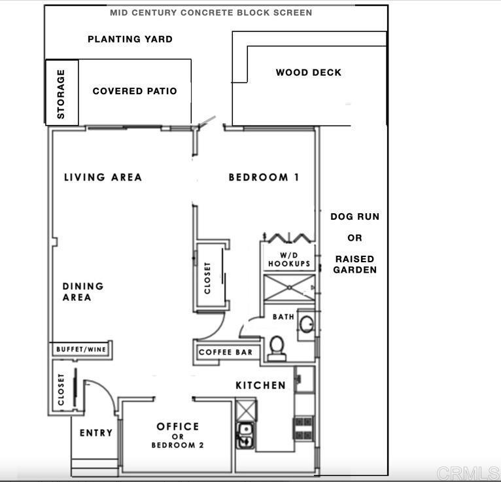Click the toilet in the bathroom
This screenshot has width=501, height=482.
point(277,349)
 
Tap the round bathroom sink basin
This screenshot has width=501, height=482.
point(307,324)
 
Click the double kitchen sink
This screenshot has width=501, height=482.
point(245,435)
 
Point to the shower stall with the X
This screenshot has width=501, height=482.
point(289,288)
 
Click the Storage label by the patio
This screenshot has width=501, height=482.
point(61,94)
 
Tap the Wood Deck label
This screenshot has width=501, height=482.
point(309,73)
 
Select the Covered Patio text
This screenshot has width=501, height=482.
point(135,91)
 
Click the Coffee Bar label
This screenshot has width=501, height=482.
point(226,353)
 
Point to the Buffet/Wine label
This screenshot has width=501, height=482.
point(81,349)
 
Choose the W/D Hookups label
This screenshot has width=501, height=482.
point(289,260)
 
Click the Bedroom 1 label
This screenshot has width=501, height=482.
point(264,177)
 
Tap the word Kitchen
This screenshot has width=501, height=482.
point(261,386)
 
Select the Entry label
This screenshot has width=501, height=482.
point(96,433)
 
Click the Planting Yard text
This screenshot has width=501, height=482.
point(130,39)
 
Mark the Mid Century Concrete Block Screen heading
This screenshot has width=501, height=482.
point(211,13)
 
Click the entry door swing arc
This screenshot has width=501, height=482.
point(107,390)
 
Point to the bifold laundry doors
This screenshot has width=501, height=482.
point(288,237)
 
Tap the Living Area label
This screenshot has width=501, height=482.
point(103,177)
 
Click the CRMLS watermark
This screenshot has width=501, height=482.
point(468,473)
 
